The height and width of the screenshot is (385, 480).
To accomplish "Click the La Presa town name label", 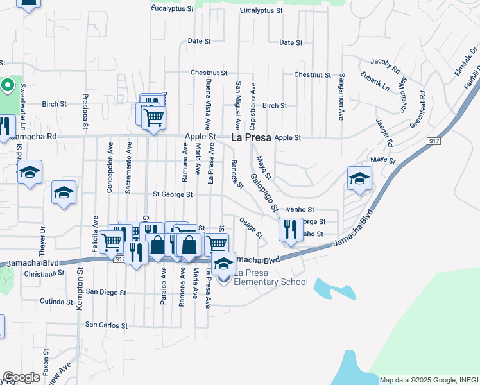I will click(250, 137).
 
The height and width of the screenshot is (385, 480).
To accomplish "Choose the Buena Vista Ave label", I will click(208, 102).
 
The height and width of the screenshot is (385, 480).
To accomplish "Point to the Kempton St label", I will click(80, 289).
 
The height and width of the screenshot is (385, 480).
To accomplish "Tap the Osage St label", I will click(250, 227).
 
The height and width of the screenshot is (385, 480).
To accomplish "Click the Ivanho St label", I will click(300, 209).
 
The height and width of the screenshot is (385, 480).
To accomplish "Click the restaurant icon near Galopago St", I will click(291, 229).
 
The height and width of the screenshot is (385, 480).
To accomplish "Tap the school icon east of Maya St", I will click(360, 178).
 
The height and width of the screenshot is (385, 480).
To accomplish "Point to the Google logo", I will click(21, 377).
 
